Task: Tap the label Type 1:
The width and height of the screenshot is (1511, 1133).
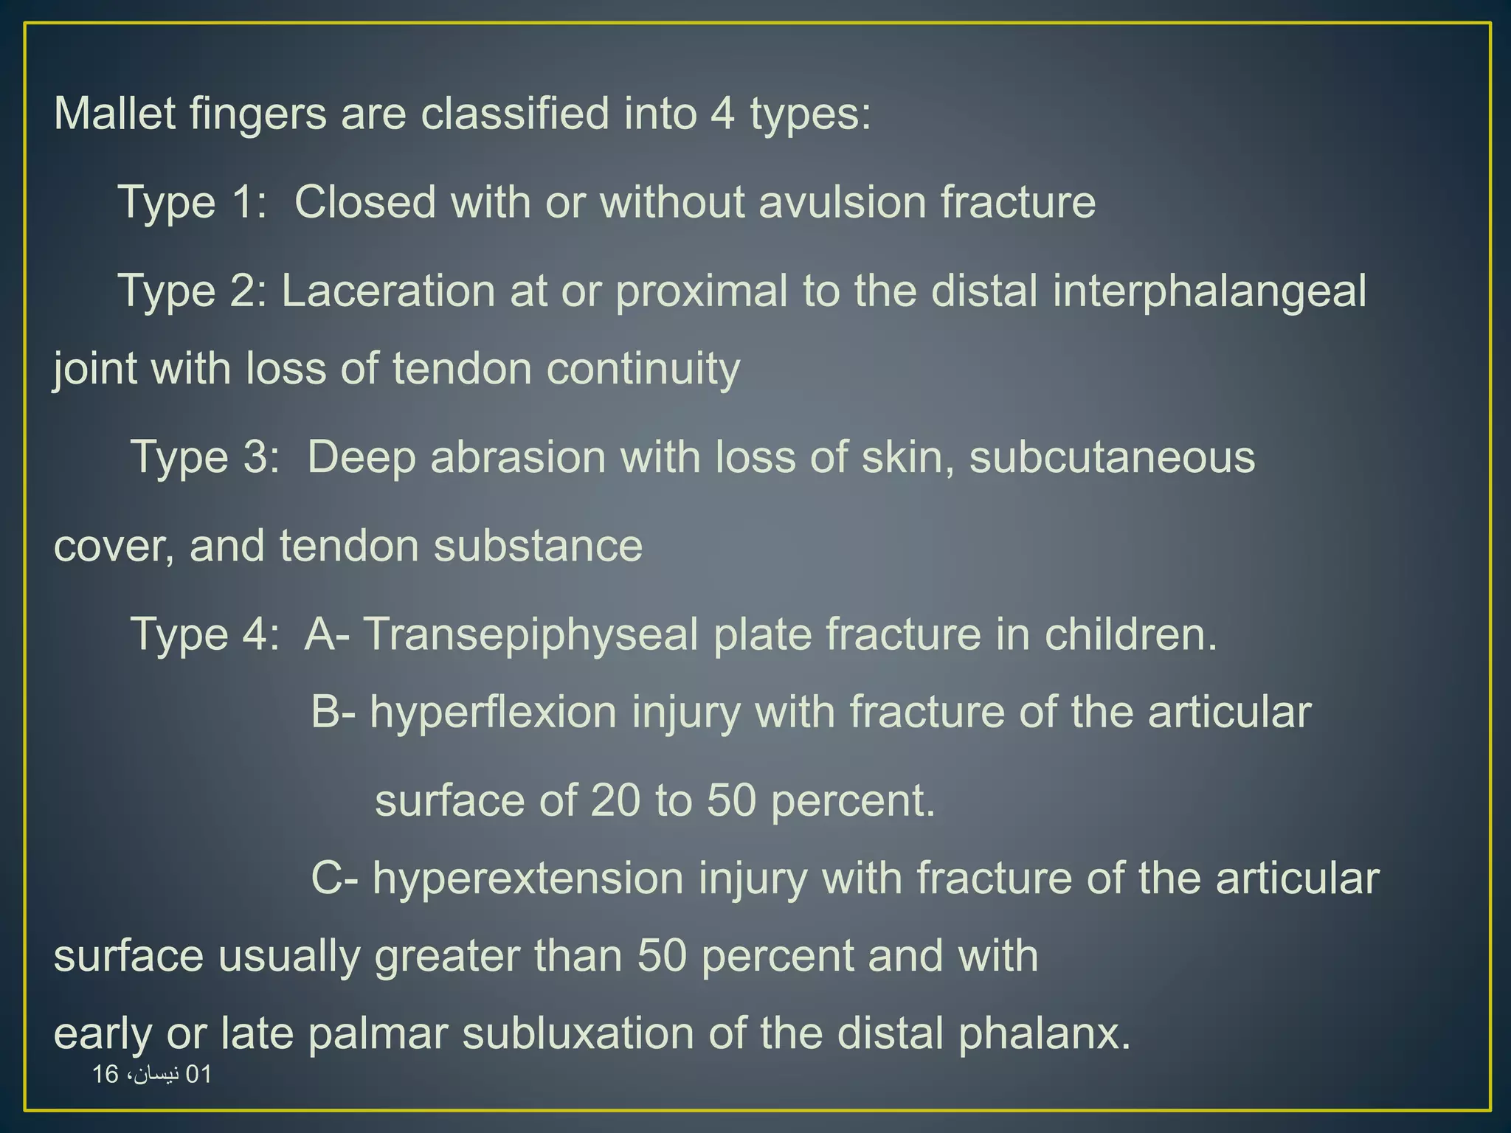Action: click(192, 202)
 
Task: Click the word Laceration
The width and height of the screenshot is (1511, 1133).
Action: click(388, 291)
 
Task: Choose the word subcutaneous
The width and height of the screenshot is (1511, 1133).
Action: click(1112, 457)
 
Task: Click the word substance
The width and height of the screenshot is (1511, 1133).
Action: click(538, 547)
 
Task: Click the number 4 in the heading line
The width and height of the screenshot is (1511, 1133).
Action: click(722, 114)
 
